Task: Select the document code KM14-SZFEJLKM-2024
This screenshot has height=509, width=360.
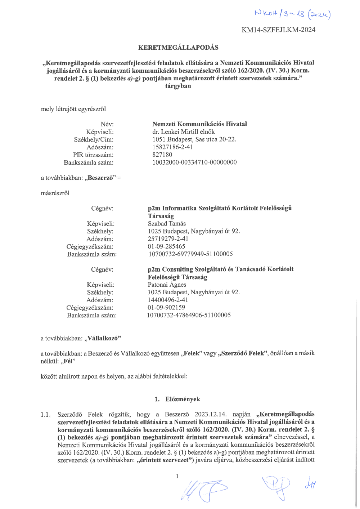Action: [x=278, y=30]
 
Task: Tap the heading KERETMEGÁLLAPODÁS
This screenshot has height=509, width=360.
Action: [x=178, y=48]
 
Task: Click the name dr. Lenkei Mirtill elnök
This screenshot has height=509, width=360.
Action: [x=183, y=132]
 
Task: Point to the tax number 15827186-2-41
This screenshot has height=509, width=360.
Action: [x=172, y=147]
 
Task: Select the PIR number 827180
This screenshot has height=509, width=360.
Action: [x=162, y=155]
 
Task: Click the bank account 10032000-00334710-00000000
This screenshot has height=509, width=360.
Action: [x=194, y=162]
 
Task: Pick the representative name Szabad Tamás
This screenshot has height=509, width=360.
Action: [x=167, y=224]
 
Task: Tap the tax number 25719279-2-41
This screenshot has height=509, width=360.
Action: [x=168, y=239]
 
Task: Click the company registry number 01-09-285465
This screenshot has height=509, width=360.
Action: [x=166, y=246]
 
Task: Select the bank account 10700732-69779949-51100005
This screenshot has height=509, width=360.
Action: [x=190, y=254]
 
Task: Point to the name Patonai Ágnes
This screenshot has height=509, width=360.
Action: [x=167, y=285]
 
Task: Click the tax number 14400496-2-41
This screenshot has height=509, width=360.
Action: [x=168, y=300]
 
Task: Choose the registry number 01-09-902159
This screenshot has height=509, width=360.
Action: [x=166, y=308]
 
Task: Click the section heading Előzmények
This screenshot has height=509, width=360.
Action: [x=183, y=399]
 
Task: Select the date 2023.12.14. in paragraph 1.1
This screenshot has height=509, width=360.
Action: [x=211, y=414]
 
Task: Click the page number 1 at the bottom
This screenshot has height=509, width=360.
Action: [x=177, y=477]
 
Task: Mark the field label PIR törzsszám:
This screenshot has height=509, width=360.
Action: [x=93, y=155]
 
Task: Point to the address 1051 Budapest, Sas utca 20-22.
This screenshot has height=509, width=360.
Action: [x=194, y=139]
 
